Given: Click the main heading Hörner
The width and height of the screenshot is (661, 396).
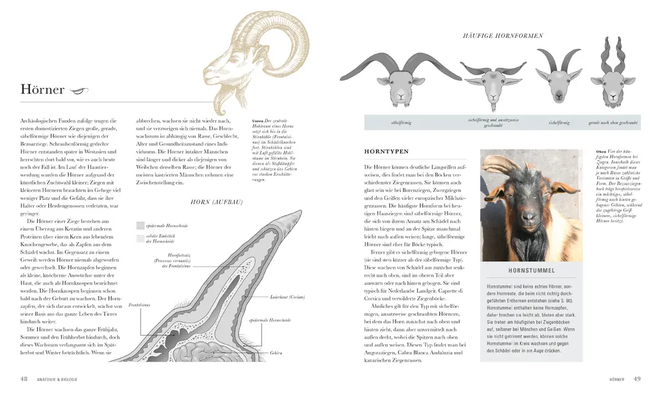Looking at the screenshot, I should tap(42, 90).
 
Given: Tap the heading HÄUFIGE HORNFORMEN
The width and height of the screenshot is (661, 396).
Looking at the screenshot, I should tap(503, 36).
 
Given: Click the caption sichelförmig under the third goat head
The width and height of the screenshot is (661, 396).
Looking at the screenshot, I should tap(559, 123).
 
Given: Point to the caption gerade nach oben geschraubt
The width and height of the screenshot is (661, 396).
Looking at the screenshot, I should tap(613, 123).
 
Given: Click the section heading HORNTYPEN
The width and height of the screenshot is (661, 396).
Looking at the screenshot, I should tap(386, 151).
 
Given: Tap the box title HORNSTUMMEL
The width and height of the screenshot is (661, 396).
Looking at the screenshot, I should tap(531, 270).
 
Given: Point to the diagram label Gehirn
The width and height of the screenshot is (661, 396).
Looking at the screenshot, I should tap(276, 353).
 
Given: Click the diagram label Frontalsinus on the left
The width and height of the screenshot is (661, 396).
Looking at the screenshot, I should tap(139, 304).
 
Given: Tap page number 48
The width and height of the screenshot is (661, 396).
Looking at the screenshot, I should tap(24, 379).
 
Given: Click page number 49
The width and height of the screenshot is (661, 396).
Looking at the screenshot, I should tap(636, 379).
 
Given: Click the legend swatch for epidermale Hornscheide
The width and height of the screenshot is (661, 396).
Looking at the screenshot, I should tap(140, 226).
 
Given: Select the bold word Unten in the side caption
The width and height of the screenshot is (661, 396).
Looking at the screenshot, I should tap(257, 121).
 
